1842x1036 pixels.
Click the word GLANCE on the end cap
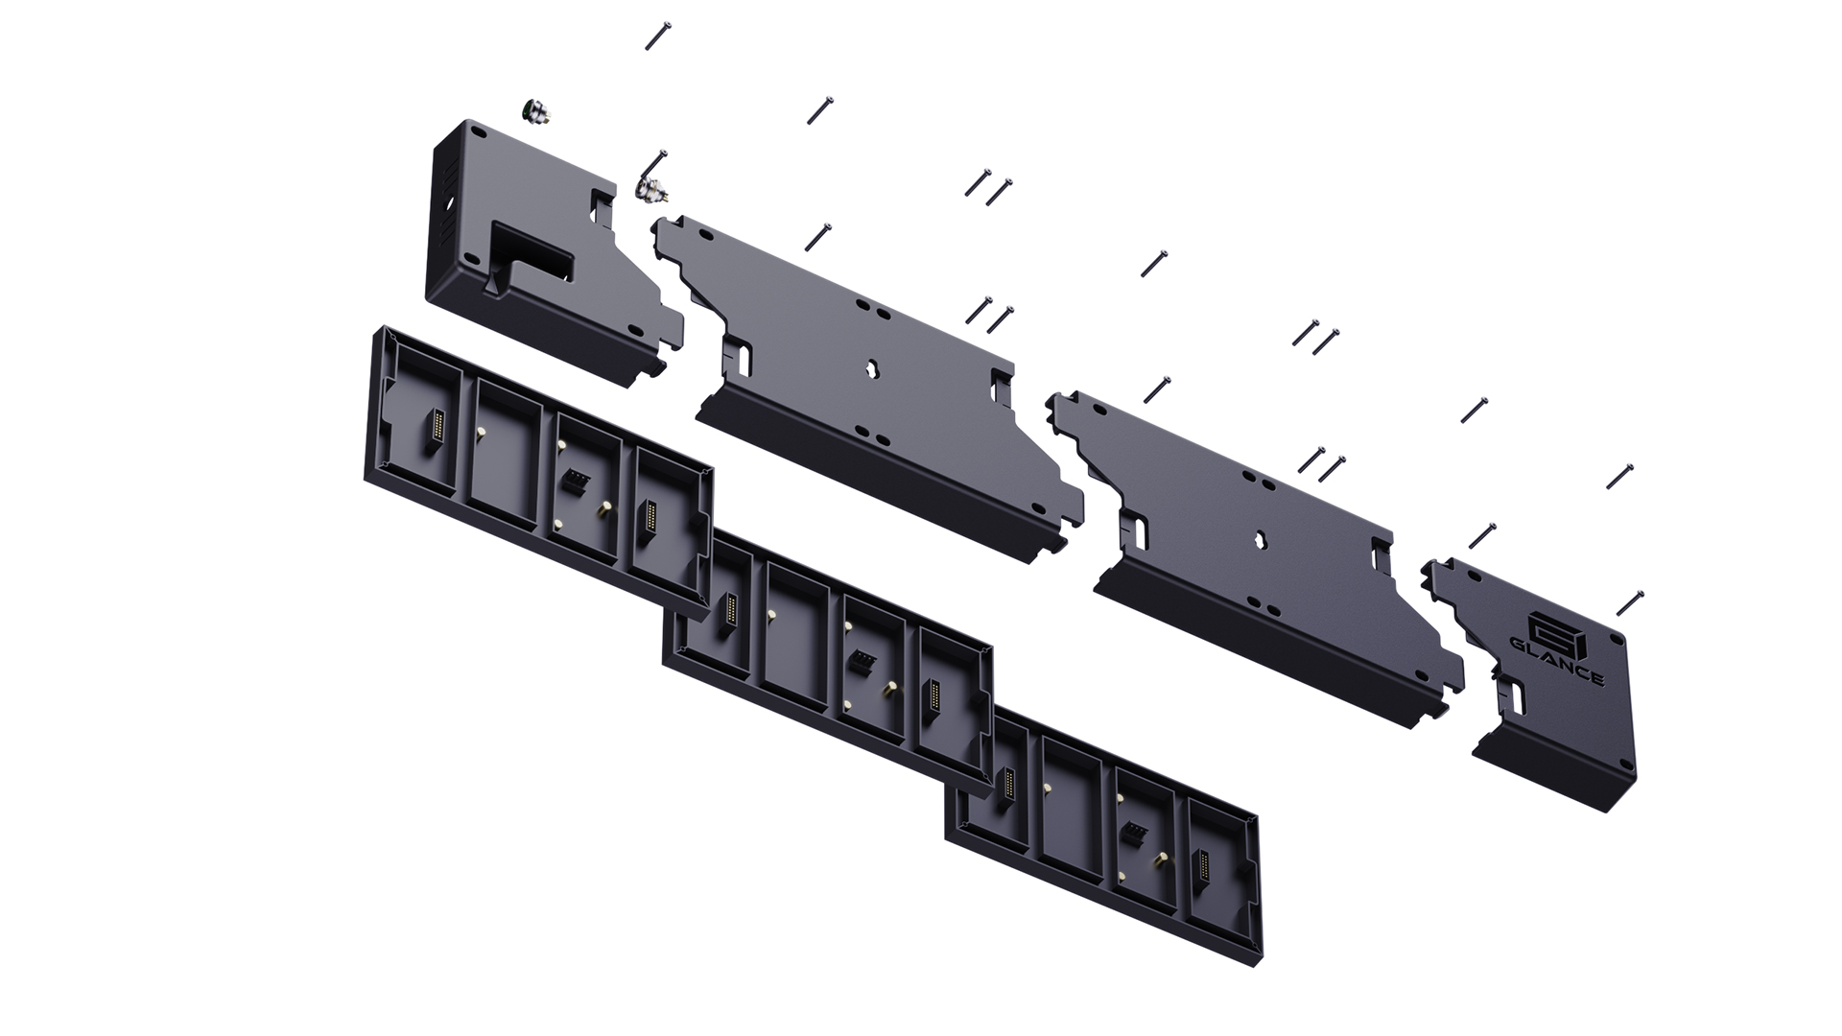pos(1556,660)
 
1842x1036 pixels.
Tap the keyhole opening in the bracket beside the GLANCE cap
pos(1255,538)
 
